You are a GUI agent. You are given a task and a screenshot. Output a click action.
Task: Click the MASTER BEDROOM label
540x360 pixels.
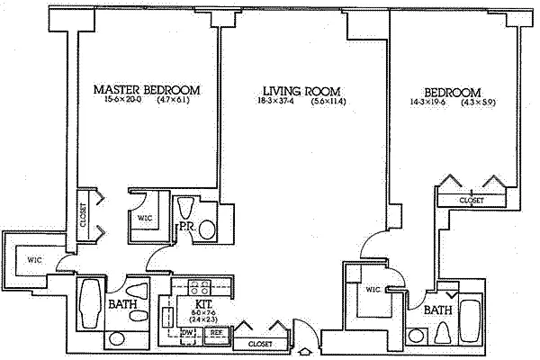coord(147,91)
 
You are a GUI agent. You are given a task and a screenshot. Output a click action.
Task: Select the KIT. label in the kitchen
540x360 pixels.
coord(202,305)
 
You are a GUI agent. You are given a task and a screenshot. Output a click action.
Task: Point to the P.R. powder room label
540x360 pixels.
coord(188,227)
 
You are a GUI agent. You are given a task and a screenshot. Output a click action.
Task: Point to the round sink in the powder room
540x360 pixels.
coord(206,229)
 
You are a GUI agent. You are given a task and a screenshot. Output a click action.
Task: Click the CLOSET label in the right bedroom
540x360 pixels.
coord(472,200)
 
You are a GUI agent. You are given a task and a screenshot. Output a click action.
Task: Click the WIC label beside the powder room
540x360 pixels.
coord(144,219)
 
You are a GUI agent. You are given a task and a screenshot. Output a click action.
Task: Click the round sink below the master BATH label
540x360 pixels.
coord(117,339)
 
